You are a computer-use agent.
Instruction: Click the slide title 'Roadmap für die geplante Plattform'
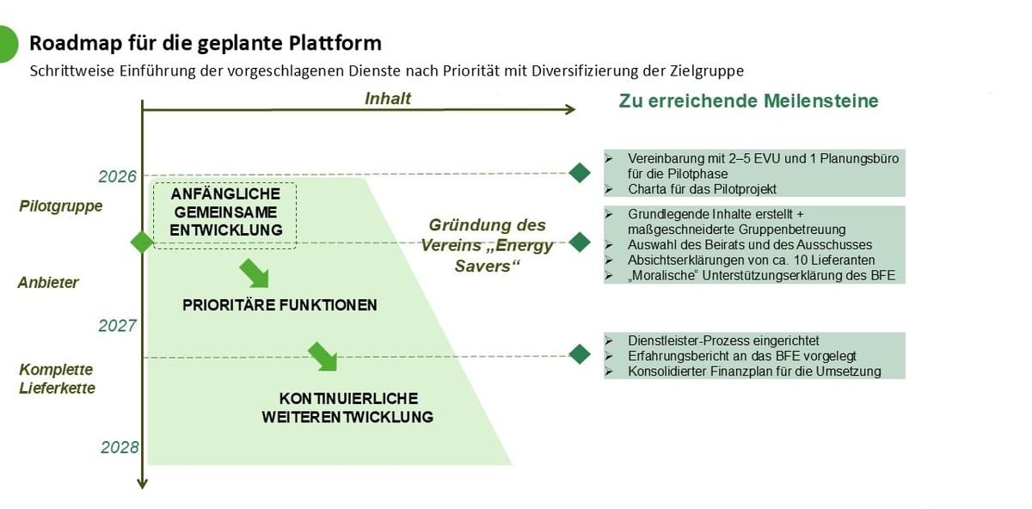tap(206, 43)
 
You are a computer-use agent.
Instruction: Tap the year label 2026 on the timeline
tap(118, 176)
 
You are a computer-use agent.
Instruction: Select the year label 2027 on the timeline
tap(118, 326)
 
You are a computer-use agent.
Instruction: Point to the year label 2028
tap(120, 447)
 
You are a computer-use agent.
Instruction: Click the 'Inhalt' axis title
tap(388, 98)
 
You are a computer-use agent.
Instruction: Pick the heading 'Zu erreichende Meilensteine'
tap(748, 101)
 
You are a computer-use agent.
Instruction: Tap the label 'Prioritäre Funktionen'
tap(279, 305)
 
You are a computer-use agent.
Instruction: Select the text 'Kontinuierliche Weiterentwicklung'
tap(348, 408)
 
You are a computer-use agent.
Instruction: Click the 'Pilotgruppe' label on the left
tap(61, 206)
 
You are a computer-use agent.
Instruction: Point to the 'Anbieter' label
tap(49, 282)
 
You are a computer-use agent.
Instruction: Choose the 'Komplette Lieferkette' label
tap(57, 379)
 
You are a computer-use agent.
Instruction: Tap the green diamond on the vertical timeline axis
tap(142, 242)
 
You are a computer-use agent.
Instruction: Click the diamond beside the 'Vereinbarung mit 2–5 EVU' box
tap(580, 173)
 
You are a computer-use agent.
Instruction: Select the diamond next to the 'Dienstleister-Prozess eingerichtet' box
tap(580, 353)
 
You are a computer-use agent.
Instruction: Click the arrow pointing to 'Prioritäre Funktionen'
tap(254, 273)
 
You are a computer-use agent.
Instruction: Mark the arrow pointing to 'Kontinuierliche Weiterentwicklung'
tap(322, 355)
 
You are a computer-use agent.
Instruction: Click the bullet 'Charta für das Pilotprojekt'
tap(702, 189)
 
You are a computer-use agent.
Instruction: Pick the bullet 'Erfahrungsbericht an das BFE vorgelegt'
tap(741, 356)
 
